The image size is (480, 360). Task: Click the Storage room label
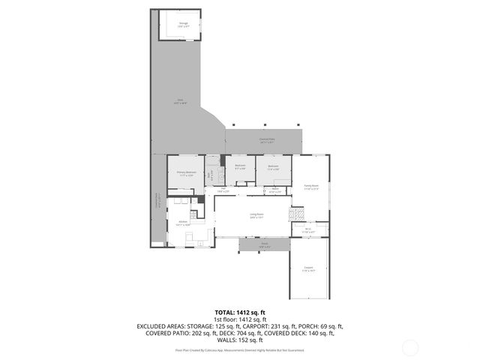coord(182,25)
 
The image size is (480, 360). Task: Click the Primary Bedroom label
coord(185,174)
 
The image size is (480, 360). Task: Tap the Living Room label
coord(256,217)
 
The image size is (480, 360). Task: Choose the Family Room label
coord(310,187)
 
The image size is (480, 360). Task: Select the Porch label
coord(264,245)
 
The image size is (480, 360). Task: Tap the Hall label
coord(223,190)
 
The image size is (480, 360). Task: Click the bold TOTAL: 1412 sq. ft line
coord(240,311)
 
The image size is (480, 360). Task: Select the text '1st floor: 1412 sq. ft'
coord(240,319)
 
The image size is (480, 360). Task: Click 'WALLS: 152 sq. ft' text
coord(240,340)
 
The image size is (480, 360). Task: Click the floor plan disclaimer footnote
coord(240,349)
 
